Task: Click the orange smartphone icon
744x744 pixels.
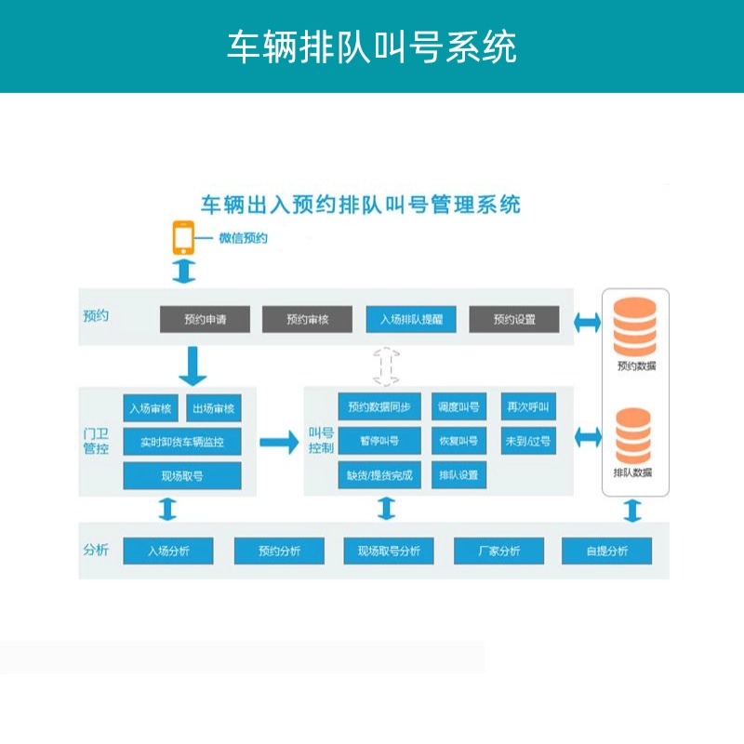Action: (x=183, y=238)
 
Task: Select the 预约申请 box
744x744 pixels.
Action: (x=205, y=320)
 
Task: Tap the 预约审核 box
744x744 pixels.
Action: (x=308, y=320)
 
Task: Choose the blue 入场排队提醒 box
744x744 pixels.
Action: (x=410, y=320)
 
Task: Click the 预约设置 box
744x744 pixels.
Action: (x=514, y=320)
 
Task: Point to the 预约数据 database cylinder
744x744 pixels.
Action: (x=635, y=325)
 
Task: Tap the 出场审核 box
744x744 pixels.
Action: (x=214, y=408)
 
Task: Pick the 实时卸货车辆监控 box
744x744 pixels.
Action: (x=182, y=442)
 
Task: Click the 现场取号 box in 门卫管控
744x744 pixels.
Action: (x=182, y=475)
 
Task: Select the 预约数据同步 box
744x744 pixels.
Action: (x=379, y=406)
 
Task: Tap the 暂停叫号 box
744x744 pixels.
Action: (x=379, y=440)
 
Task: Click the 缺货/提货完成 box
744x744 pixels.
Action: (x=379, y=474)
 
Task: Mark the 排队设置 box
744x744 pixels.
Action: (x=458, y=474)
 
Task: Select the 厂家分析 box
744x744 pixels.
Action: (x=498, y=551)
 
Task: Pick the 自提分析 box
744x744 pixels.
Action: (x=607, y=551)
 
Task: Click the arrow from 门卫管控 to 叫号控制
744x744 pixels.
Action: (x=279, y=442)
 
